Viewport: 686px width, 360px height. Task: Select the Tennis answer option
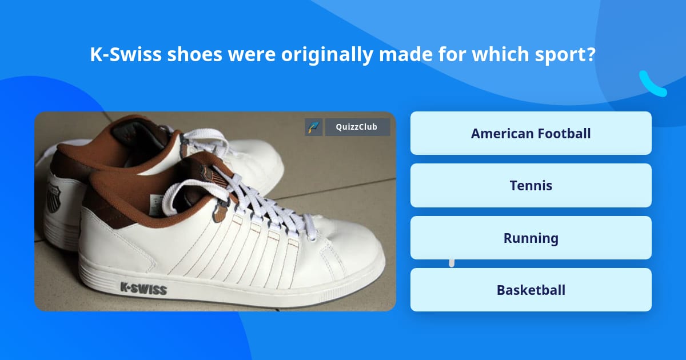pos(531,186)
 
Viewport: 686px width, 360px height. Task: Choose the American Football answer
pos(531,133)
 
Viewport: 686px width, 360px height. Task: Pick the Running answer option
pos(531,238)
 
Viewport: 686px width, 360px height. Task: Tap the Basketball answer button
pos(531,290)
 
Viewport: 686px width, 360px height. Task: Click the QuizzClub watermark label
pos(357,127)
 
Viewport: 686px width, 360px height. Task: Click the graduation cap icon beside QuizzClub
pos(314,127)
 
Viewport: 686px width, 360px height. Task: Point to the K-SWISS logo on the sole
pos(143,288)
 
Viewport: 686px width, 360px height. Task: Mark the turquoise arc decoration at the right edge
pos(652,85)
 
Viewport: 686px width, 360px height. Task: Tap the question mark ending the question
pos(591,55)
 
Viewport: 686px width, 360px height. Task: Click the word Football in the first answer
pos(563,133)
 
